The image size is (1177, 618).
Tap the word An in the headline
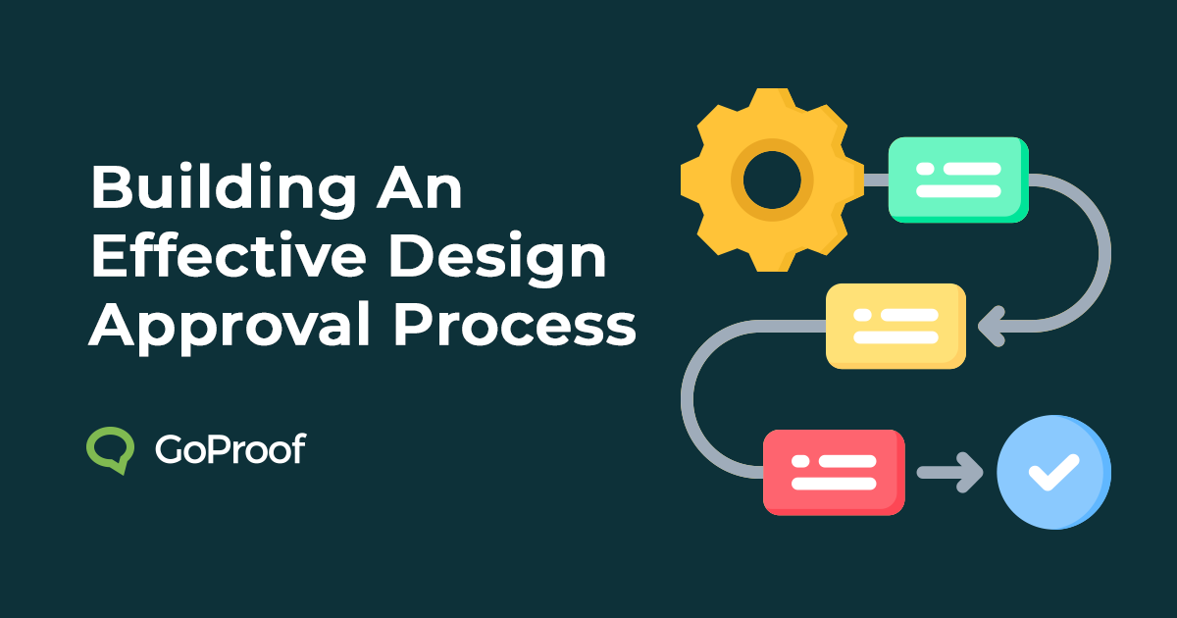[x=422, y=187]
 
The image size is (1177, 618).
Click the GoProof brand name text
[x=230, y=449]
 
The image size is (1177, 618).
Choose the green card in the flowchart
[x=957, y=180]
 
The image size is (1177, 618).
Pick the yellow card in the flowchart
[x=895, y=326]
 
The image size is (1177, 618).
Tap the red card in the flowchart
[x=833, y=471]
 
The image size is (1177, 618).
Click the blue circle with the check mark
[x=1052, y=472]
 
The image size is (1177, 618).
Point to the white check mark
[x=1052, y=472]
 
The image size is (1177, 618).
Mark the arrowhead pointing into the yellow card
[x=991, y=326]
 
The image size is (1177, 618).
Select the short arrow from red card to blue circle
[x=949, y=472]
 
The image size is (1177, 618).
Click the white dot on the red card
[x=799, y=459]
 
